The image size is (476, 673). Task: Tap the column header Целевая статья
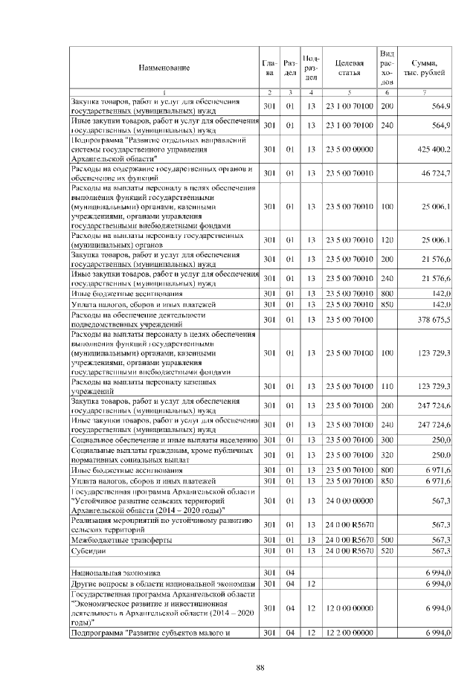349,68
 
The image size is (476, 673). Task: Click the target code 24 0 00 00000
349,501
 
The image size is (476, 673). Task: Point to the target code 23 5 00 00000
349,149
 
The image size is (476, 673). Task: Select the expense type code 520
387,550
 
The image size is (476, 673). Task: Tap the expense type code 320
387,454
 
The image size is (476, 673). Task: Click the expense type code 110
387,387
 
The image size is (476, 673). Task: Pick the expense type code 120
387,240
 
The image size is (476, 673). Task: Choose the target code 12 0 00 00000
349,608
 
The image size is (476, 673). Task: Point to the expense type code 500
387,539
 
